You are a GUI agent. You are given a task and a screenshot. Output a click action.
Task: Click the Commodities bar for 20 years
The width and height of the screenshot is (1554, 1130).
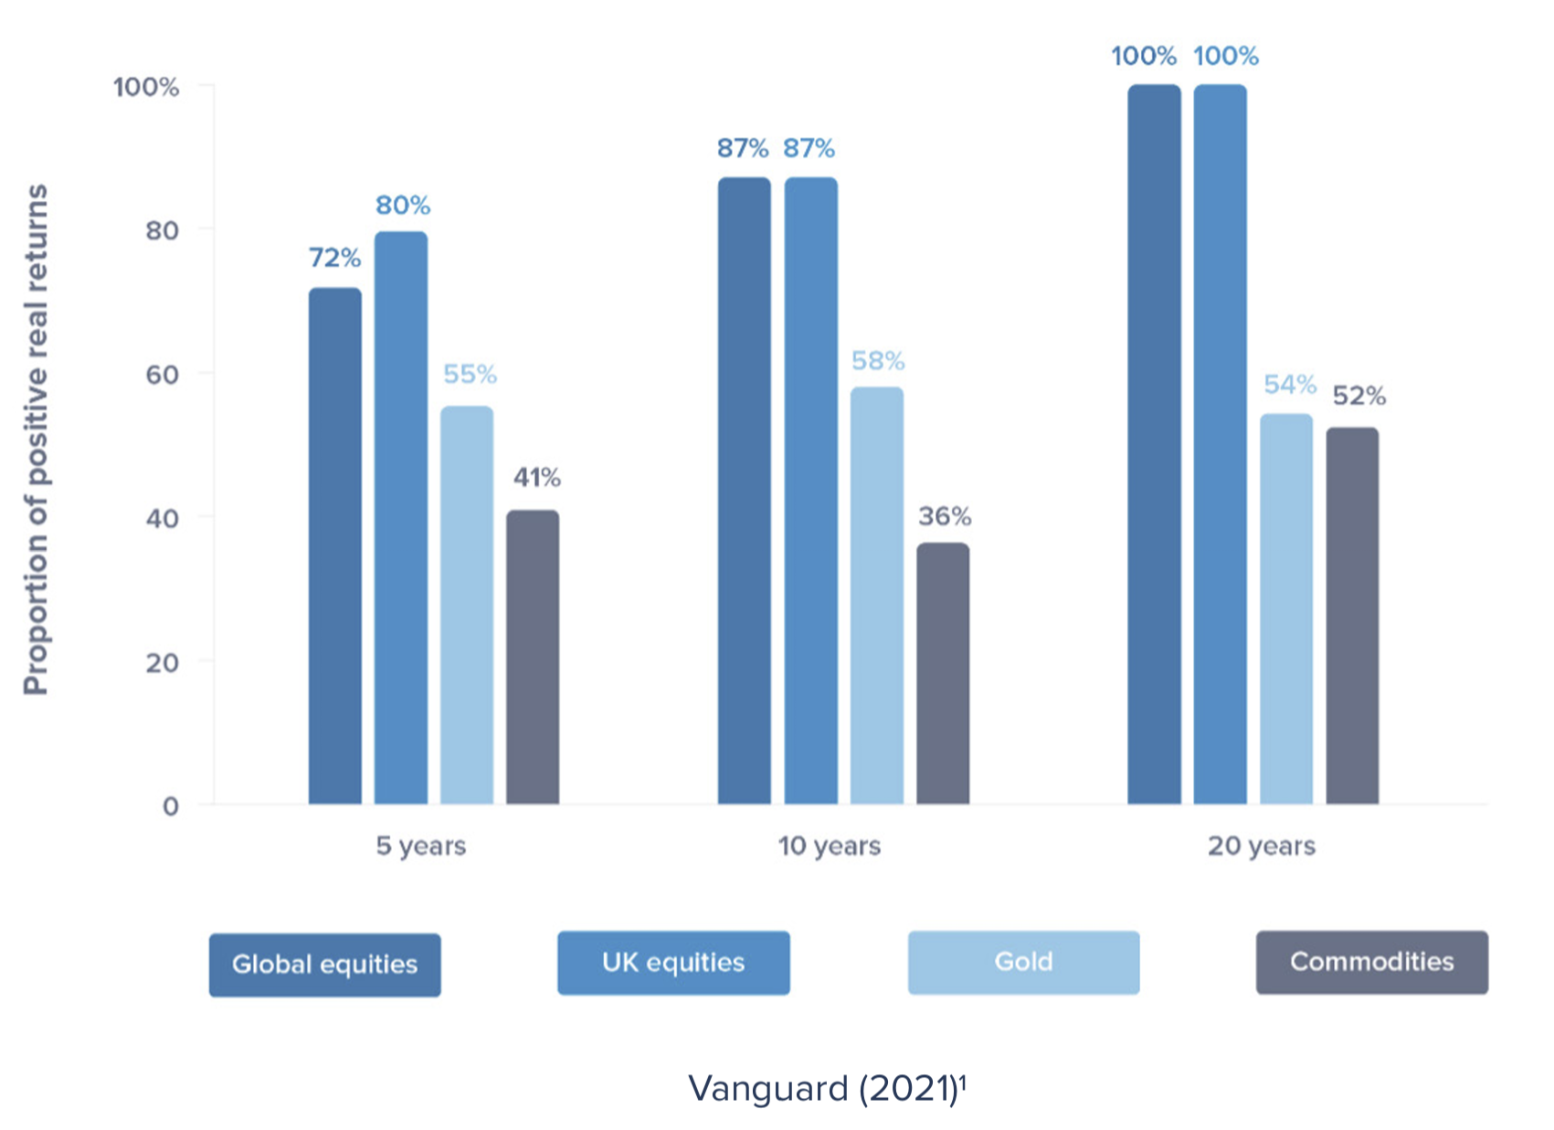[x=1352, y=616]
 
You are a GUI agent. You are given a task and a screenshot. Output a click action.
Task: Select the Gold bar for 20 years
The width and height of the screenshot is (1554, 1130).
[x=1286, y=609]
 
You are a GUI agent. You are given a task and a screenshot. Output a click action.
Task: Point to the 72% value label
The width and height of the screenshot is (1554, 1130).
[x=334, y=259]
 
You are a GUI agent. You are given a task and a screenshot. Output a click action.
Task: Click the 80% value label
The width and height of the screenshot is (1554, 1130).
[x=403, y=206]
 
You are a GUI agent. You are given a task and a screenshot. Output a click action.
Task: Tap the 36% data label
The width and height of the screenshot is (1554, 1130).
[x=945, y=517]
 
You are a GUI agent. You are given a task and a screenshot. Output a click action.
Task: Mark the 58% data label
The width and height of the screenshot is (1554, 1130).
[x=878, y=362]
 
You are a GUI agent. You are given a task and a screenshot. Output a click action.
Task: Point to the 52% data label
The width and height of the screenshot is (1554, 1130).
[x=1358, y=396]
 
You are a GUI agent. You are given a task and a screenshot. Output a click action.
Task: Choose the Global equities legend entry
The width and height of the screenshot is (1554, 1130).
[x=324, y=965]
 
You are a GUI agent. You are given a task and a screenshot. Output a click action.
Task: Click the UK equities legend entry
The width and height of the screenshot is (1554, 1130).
[x=673, y=963]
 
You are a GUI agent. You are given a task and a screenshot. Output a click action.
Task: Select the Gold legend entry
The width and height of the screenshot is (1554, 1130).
[x=1023, y=962]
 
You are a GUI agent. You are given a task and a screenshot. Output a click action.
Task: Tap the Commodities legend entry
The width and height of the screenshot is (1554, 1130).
[x=1371, y=962]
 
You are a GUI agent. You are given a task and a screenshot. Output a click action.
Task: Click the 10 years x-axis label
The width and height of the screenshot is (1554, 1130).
[x=830, y=846]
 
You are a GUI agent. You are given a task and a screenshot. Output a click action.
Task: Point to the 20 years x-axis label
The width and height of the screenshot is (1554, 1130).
[x=1262, y=846]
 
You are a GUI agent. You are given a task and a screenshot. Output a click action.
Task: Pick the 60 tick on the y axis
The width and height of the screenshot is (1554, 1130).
[x=162, y=375]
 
